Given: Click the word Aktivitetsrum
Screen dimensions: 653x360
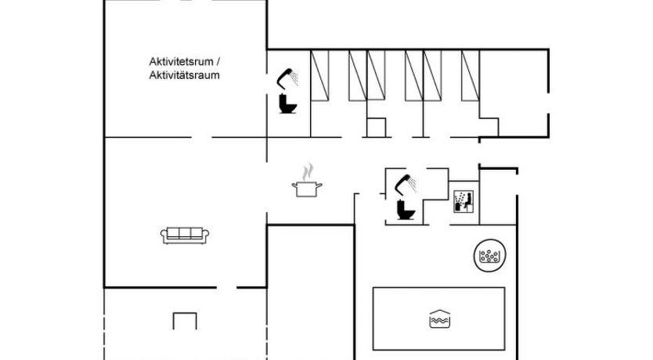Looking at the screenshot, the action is [181, 62].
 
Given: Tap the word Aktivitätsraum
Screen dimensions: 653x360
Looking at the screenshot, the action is [184, 75].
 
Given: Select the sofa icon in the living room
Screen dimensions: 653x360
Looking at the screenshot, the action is [185, 235].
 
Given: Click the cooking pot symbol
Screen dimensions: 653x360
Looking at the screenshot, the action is [307, 189].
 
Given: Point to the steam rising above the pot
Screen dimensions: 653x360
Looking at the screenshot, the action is [308, 172].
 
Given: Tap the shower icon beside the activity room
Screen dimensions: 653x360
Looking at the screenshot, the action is [287, 79].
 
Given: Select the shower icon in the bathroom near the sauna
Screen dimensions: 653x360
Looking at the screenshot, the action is [406, 185].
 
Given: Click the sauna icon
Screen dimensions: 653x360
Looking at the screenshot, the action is [464, 201].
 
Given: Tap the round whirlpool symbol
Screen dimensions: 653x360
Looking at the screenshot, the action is [490, 256].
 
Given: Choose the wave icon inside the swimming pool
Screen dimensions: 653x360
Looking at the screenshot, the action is [439, 319].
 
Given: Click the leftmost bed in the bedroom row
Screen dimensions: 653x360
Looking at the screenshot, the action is [319, 75].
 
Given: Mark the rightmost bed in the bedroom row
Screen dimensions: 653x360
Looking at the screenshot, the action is [471, 75].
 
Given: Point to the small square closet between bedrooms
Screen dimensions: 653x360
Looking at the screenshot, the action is [376, 128].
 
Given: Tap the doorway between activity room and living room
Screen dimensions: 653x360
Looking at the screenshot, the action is [202, 137].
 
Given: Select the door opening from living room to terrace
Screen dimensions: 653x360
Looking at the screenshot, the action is [226, 287].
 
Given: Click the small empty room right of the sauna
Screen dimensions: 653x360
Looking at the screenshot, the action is [498, 196].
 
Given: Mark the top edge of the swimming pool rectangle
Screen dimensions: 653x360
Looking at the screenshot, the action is [439, 287].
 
